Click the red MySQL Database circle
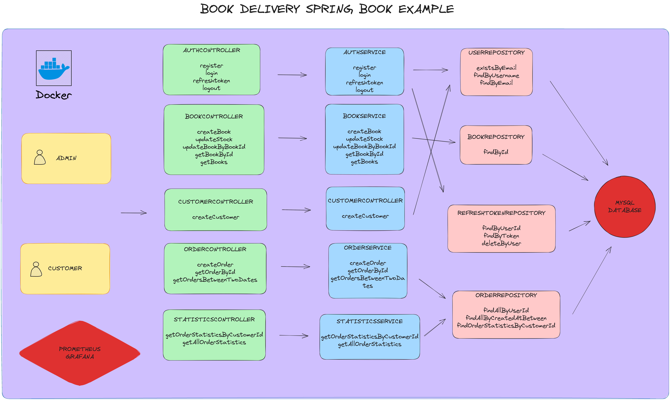pos(625,207)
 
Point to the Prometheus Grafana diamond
pos(80,353)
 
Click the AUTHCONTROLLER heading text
pos(211,50)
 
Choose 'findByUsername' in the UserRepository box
pos(496,75)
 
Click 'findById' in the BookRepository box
pos(496,152)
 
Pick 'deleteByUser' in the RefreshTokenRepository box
pos(501,243)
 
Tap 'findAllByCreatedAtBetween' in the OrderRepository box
pos(506,318)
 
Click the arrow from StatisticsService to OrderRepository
pos(435,328)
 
